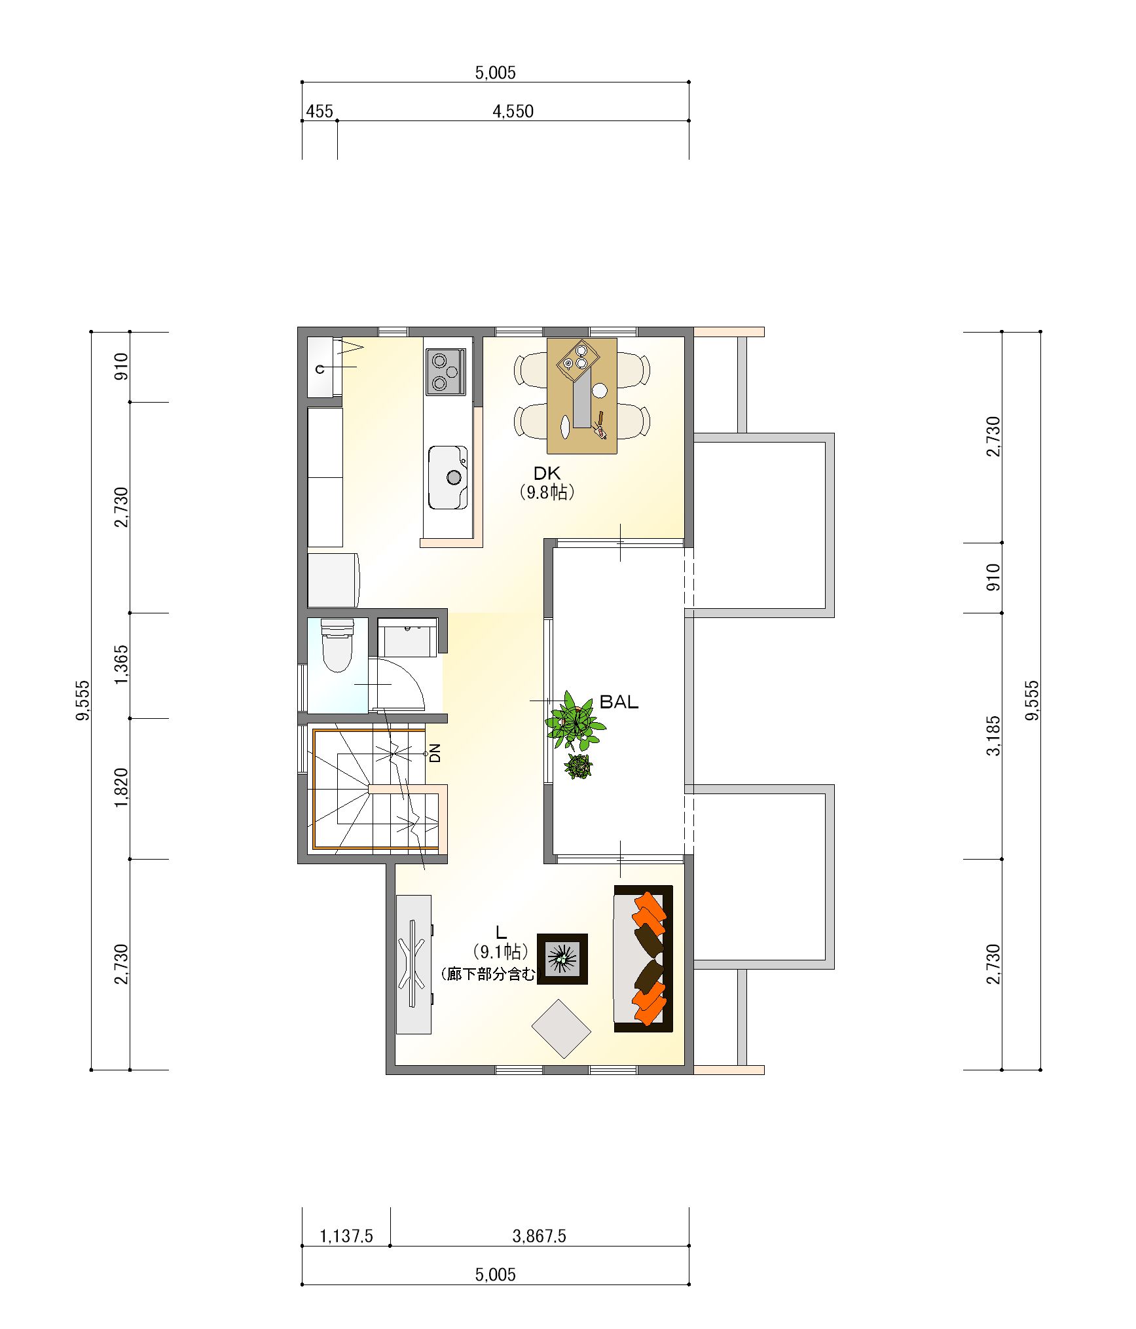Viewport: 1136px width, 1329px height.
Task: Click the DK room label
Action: (547, 473)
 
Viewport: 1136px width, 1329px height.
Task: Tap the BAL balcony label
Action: (619, 702)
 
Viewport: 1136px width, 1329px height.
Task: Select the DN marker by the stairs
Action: (435, 753)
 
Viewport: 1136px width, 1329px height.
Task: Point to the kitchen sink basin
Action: (448, 477)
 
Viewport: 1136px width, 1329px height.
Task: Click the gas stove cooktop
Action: (446, 372)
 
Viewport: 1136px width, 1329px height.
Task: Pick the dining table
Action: (582, 395)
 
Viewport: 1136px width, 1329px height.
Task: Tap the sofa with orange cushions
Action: (643, 959)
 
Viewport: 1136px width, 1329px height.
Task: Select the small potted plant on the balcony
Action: (579, 766)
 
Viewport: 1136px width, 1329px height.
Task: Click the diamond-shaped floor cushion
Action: (561, 1029)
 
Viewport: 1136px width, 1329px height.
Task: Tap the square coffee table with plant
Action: (562, 959)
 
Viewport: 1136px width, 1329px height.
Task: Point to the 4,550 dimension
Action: (513, 111)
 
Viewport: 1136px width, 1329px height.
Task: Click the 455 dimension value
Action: (320, 112)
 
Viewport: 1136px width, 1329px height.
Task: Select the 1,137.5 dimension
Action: (346, 1236)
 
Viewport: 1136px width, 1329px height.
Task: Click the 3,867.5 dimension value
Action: (539, 1236)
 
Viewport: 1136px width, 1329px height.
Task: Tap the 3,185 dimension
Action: (993, 736)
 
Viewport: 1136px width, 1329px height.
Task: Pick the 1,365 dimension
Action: (122, 665)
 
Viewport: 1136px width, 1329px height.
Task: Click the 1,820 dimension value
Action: (122, 788)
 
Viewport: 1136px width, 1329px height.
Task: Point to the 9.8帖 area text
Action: (547, 492)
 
